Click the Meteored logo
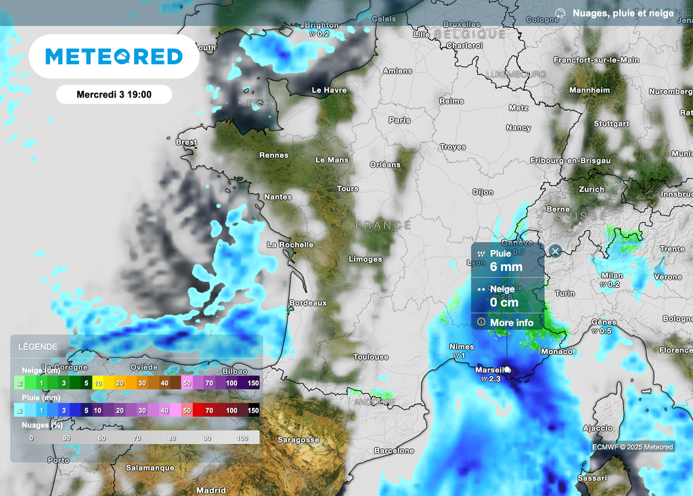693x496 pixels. click(114, 56)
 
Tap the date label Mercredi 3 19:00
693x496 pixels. click(114, 95)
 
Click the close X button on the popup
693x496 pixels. click(555, 251)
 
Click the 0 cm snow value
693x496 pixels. click(504, 302)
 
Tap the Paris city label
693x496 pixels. click(399, 121)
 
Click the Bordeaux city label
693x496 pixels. click(308, 303)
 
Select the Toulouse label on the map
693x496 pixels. click(371, 357)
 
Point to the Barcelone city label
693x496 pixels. click(394, 451)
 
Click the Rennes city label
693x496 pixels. click(273, 155)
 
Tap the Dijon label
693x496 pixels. click(483, 192)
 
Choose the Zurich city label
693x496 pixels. click(591, 190)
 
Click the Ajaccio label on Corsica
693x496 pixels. click(598, 428)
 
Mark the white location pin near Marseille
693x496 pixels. click(507, 370)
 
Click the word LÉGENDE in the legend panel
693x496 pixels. click(38, 346)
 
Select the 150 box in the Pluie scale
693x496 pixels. click(253, 411)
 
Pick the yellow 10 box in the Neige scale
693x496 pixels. click(98, 384)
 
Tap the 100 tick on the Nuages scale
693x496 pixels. click(242, 438)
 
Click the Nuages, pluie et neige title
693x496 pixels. click(623, 13)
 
